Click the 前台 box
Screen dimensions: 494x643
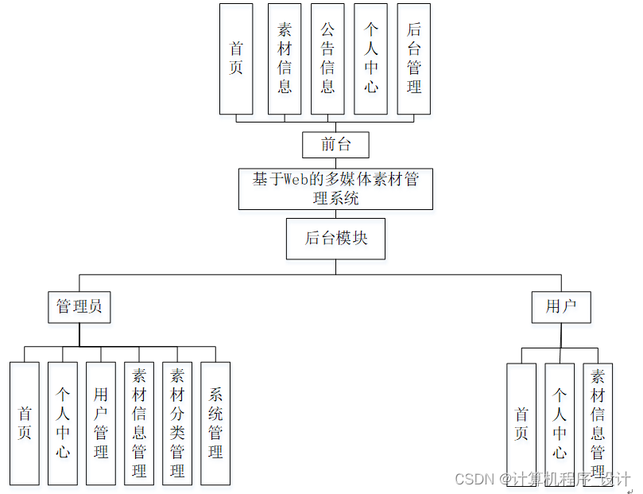pyautogui.click(x=335, y=145)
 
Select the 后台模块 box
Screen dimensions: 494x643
pyautogui.click(x=335, y=239)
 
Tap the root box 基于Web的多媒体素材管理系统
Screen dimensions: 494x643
pyautogui.click(x=335, y=189)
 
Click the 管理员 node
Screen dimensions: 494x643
pyautogui.click(x=79, y=307)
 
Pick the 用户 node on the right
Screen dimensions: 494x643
pyautogui.click(x=561, y=307)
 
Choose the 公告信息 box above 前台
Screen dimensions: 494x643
pyautogui.click(x=327, y=59)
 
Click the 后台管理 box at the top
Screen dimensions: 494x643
pyautogui.click(x=413, y=59)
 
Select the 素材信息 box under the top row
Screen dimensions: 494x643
pyautogui.click(x=285, y=59)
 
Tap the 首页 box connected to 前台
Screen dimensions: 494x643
pyautogui.click(x=236, y=59)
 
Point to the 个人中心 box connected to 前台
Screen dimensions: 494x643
pyautogui.click(x=371, y=59)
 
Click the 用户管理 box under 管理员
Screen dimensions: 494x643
pyautogui.click(x=101, y=423)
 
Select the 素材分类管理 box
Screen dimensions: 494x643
pyautogui.click(x=177, y=423)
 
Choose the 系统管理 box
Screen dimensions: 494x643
pyautogui.click(x=215, y=423)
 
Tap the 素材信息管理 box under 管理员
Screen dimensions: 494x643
pyautogui.click(x=139, y=423)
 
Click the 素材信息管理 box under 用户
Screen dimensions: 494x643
pyautogui.click(x=598, y=423)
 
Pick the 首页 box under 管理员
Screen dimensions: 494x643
pyautogui.click(x=25, y=423)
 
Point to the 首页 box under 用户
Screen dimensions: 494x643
pyautogui.click(x=521, y=423)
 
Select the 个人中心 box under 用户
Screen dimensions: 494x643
pyautogui.click(x=560, y=423)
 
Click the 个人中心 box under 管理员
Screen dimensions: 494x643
pyautogui.click(x=63, y=423)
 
